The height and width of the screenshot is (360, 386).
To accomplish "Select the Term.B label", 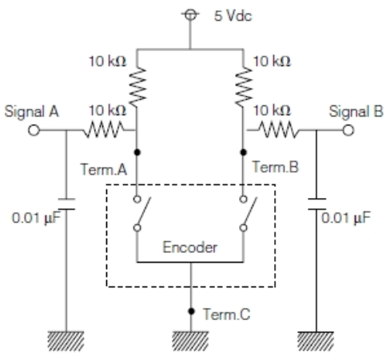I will click(269, 168).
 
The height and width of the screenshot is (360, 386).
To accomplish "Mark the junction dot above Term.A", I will click(139, 150).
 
